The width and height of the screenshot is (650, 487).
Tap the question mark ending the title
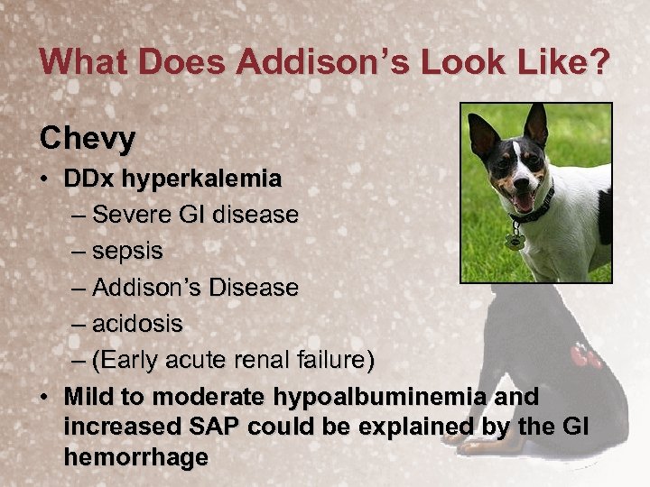point(599,62)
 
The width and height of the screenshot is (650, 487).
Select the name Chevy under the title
point(88,139)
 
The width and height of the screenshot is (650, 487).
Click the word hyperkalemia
point(201,179)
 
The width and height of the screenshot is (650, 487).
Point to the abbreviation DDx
point(89,179)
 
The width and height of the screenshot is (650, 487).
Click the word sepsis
point(127,252)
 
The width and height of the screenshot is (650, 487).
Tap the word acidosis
point(137,324)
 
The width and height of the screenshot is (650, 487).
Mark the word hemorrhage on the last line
point(135,457)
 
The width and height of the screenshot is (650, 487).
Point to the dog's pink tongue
point(523,202)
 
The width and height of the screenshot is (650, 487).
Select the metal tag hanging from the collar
point(515,241)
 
